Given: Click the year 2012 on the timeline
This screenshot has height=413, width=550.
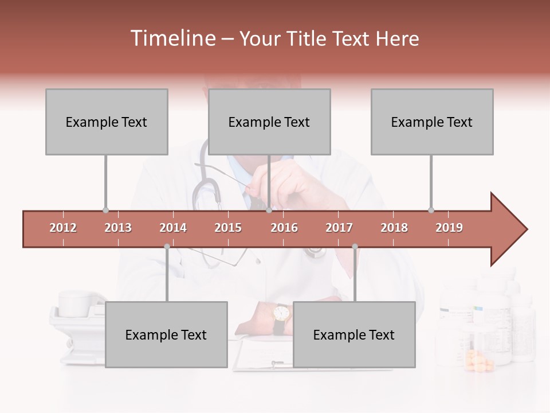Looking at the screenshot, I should (x=63, y=228).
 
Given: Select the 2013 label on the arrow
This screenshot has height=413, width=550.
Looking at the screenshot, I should (x=118, y=228).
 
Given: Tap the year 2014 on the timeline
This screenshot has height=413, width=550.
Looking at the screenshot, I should (x=173, y=228).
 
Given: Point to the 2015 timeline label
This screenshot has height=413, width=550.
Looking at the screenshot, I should (x=228, y=228).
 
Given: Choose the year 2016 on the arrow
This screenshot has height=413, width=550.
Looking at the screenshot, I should (x=284, y=228).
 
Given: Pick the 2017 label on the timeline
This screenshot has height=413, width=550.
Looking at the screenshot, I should (x=339, y=228).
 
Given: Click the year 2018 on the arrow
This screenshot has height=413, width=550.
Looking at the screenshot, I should (x=394, y=228).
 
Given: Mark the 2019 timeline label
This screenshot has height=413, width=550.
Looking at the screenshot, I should (x=449, y=228).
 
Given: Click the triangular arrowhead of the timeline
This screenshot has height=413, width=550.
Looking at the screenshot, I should (x=507, y=229).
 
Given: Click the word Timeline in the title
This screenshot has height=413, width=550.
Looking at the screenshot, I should (x=171, y=38).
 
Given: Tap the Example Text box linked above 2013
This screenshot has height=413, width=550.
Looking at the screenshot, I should (x=107, y=122).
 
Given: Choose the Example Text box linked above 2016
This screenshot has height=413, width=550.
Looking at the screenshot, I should (x=269, y=122).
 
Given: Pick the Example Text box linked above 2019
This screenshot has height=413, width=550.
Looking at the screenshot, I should (x=432, y=122).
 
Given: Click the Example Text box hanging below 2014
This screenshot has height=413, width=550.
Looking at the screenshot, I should (x=166, y=334).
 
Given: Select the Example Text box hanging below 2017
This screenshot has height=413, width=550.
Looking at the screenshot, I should (x=354, y=334).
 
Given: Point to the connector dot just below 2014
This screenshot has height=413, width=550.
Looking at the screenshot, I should (x=167, y=247).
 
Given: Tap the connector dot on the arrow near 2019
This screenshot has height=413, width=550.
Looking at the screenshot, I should (x=431, y=210).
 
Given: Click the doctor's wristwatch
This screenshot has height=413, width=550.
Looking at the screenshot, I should (x=281, y=313).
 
